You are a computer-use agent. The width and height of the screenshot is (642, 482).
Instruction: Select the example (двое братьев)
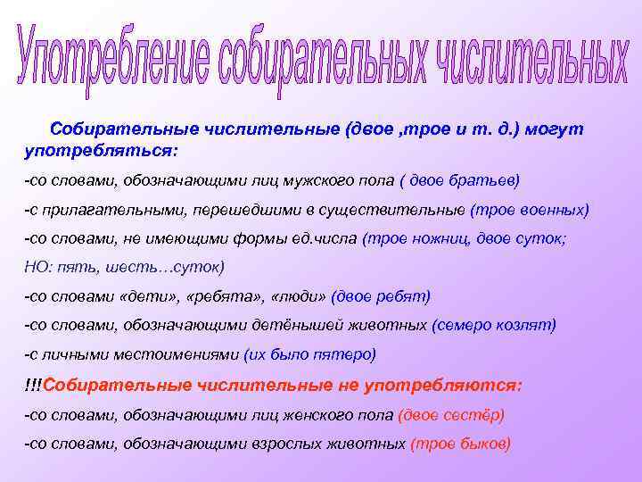point(459,180)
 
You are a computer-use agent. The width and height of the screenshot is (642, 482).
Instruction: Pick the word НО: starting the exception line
point(38,267)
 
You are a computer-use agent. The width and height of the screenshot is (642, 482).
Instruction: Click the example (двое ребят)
point(381,296)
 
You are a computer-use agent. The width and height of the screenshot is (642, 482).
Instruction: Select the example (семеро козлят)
point(493,325)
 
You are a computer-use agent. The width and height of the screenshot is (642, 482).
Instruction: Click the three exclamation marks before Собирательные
point(33,385)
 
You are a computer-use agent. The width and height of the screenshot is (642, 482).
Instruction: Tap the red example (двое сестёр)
point(451,414)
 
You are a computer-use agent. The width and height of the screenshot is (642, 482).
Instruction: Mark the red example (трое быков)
point(460,444)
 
